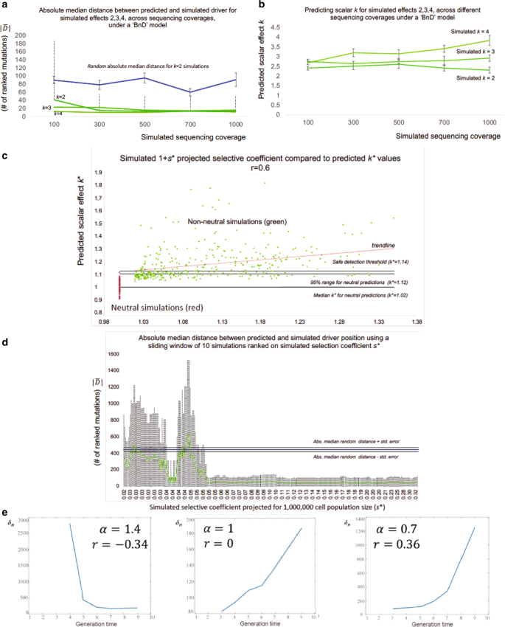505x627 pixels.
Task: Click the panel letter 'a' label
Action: pyautogui.click(x=6, y=6)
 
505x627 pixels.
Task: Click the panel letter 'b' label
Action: pyautogui.click(x=262, y=6)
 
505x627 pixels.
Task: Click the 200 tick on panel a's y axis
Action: pyautogui.click(x=21, y=35)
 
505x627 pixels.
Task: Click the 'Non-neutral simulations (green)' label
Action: pyautogui.click(x=215, y=221)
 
